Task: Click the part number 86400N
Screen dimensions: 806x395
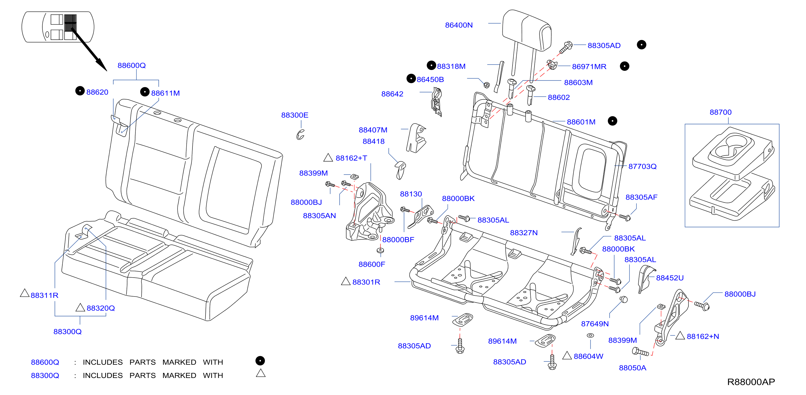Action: [x=459, y=25]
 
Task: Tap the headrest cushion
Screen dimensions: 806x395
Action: [x=527, y=30]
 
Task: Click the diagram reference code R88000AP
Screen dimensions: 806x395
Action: [x=751, y=382]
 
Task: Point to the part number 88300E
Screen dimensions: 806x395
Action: [x=295, y=115]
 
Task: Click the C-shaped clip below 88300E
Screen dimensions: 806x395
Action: [x=300, y=134]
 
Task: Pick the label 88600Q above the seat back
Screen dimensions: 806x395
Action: [x=131, y=65]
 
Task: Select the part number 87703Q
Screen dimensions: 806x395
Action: [x=642, y=166]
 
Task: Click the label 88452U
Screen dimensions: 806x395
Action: [x=670, y=278]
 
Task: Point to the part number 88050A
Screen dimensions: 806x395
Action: [x=632, y=368]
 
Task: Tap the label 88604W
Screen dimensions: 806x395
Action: [x=588, y=356]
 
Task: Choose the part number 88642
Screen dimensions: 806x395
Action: [x=392, y=94]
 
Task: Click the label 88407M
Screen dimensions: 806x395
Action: [x=373, y=130]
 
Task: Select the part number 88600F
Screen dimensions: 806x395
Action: [x=372, y=264]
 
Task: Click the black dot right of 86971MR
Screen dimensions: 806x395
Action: [x=624, y=66]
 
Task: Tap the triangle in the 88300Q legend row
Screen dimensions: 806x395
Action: [x=261, y=373]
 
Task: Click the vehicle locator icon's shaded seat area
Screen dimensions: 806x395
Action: [x=70, y=23]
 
